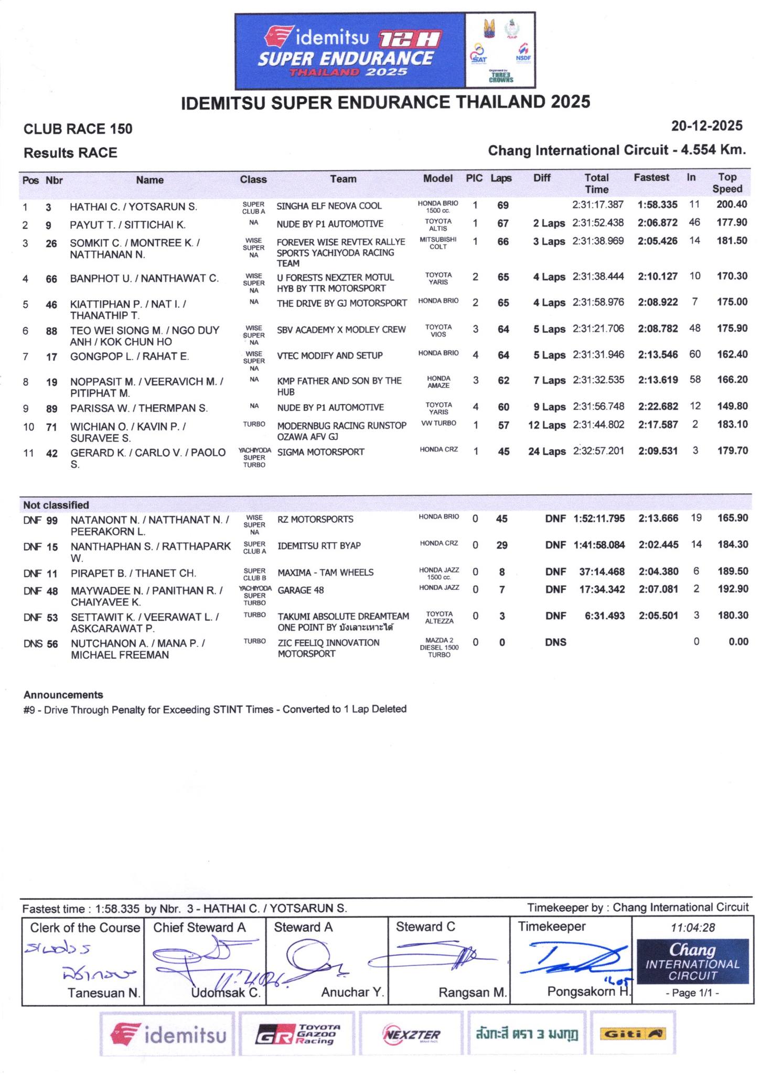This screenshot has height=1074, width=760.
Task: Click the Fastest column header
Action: pos(651,178)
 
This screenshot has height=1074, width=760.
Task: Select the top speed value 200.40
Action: pos(731,205)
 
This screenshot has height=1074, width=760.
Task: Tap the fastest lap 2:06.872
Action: pos(657,223)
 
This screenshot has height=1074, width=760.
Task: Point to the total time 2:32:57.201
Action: pos(598,451)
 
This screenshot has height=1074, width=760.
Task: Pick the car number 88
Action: pos(51,330)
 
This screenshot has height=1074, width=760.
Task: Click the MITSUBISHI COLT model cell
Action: pos(438,243)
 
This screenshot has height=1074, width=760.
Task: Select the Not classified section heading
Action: pos(56,505)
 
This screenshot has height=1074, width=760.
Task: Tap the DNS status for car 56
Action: pos(555,642)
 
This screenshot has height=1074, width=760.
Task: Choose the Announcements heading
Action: pos(63,695)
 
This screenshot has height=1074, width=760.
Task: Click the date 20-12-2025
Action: pos(707,126)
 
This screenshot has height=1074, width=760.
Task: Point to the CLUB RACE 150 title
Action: pos(78,129)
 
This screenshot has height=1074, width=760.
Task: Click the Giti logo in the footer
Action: pos(632,1034)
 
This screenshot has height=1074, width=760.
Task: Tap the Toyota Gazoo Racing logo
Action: pos(297,1034)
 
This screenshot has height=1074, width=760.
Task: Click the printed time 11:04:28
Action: pos(692,927)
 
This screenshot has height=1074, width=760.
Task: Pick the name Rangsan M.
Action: pos(472,992)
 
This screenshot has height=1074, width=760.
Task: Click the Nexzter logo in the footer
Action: pos(412,1034)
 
